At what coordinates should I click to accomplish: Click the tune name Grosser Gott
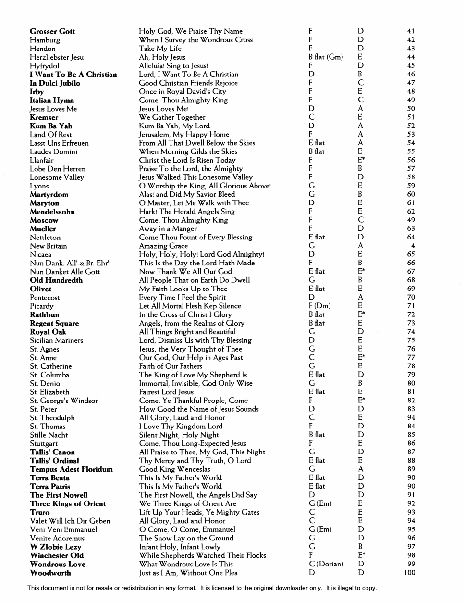click(x=52, y=32)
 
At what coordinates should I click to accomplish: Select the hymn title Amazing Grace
click(x=163, y=246)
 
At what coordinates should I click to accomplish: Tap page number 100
click(x=409, y=573)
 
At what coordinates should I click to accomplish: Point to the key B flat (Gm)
click(x=326, y=57)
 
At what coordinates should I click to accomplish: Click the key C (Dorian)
click(x=326, y=564)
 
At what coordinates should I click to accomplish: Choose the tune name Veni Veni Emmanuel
click(x=63, y=529)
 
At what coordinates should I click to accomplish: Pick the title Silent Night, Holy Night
click(x=179, y=435)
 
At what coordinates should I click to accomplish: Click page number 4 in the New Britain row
click(x=413, y=246)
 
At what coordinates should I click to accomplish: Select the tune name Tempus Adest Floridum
click(x=71, y=469)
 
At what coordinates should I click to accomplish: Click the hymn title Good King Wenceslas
click(x=174, y=469)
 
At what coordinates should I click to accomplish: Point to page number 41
click(x=410, y=32)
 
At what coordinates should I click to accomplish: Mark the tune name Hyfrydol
click(x=44, y=66)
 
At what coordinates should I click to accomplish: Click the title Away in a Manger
click(x=168, y=229)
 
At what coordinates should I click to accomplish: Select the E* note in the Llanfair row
click(x=361, y=160)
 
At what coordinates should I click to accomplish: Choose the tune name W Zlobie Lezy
click(x=55, y=547)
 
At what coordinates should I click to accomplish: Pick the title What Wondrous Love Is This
click(x=186, y=564)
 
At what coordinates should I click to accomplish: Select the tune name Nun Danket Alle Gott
click(x=65, y=272)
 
